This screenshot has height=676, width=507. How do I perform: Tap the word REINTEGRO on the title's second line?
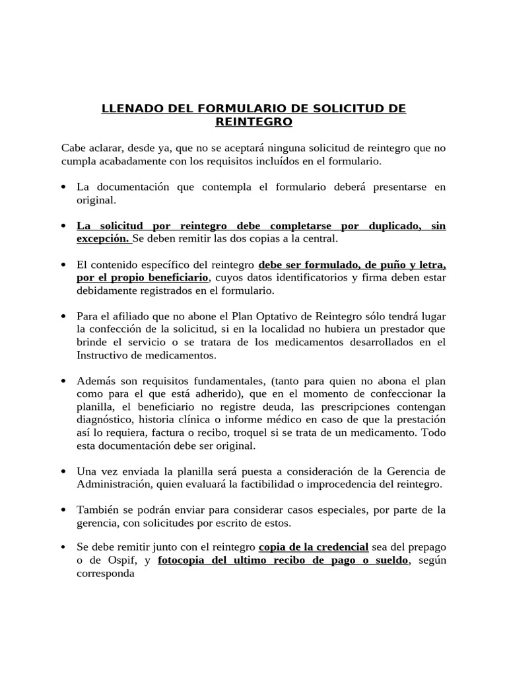coord(253,122)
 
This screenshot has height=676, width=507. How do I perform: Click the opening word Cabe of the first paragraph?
coord(74,149)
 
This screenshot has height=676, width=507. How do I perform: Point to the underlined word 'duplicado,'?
coord(394,226)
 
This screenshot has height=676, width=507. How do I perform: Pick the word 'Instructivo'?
coord(104,355)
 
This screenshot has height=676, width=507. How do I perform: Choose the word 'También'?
coord(99,510)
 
